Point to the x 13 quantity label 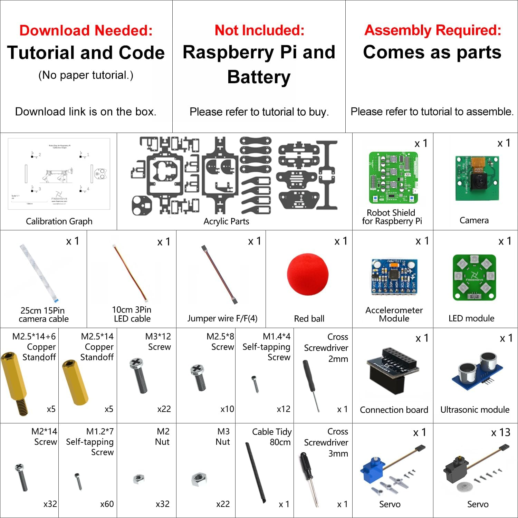click(x=500, y=432)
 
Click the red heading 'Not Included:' click(x=259, y=30)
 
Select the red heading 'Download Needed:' click(x=86, y=30)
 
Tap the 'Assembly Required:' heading click(x=433, y=30)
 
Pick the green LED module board click(x=474, y=278)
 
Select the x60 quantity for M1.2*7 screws click(x=107, y=504)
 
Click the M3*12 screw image click(x=139, y=376)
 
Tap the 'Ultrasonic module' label click(x=475, y=410)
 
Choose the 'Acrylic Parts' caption click(x=226, y=221)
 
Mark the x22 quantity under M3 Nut click(x=223, y=504)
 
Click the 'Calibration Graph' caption click(x=59, y=221)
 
